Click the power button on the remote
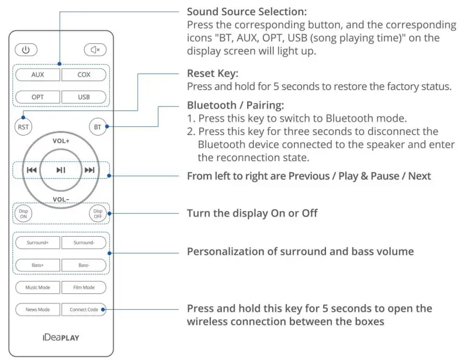(25, 50)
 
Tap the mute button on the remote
(95, 50)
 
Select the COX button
(84, 75)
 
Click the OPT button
(37, 97)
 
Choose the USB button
(84, 97)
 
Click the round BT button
(97, 126)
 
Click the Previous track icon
(32, 170)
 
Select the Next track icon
(89, 170)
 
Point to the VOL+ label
(61, 141)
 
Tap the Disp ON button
(23, 214)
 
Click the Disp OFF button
(98, 214)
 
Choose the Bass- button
(84, 265)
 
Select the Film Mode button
(84, 288)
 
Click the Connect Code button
(84, 309)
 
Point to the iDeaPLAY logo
(61, 337)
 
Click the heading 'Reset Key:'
(213, 74)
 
